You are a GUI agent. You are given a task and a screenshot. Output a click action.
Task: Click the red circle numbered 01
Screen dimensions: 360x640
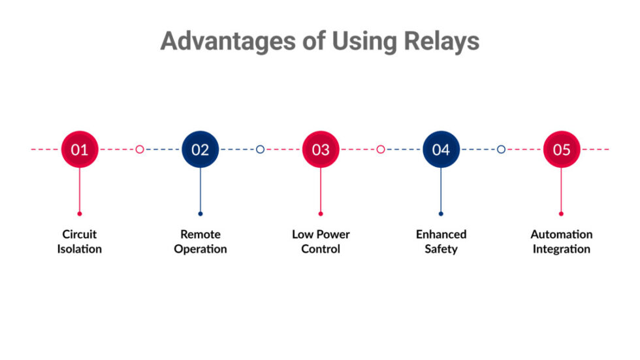[x=80, y=150]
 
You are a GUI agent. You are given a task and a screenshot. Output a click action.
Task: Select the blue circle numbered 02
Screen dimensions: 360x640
[x=200, y=150]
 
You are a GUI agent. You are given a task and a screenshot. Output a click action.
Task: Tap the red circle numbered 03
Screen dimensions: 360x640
[x=321, y=150]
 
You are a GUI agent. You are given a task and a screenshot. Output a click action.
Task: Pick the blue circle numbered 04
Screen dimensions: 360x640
[x=441, y=150]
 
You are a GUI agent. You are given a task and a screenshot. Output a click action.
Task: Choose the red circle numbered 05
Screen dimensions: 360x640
[x=562, y=150]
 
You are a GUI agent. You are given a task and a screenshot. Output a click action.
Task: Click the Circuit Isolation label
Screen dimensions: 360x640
[x=80, y=241]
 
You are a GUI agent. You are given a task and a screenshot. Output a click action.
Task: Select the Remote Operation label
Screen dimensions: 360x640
[x=200, y=241]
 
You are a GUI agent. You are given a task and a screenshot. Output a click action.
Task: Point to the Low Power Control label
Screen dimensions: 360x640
[x=321, y=241]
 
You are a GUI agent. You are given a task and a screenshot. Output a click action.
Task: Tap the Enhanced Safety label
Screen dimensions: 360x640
[x=441, y=241]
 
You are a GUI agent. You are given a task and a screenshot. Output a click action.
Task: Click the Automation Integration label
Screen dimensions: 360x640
[x=562, y=241]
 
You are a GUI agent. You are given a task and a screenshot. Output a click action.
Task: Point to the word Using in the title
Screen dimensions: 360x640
[x=362, y=41]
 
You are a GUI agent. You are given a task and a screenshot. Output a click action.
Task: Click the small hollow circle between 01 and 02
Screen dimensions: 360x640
[x=140, y=150]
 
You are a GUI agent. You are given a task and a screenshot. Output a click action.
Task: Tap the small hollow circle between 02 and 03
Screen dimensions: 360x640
[x=260, y=150]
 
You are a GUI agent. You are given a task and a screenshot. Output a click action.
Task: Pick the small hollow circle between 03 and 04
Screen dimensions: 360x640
[x=381, y=150]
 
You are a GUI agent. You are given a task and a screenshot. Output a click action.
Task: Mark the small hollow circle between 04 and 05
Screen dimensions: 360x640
[x=501, y=150]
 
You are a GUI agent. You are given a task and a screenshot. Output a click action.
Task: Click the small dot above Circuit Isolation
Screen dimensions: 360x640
[x=80, y=214]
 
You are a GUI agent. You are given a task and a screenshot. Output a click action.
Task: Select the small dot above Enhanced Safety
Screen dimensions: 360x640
[x=441, y=214]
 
